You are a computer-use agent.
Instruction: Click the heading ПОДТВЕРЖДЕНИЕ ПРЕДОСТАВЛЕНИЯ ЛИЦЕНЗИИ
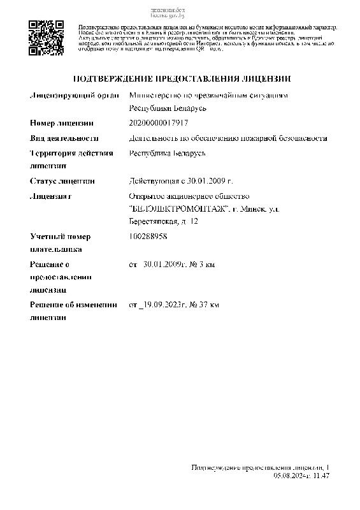click(x=182, y=79)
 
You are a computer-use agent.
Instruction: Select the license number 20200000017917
click(x=159, y=122)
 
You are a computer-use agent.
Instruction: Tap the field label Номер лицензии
click(x=62, y=122)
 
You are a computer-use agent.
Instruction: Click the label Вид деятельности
click(x=64, y=138)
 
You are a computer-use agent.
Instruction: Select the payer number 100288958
click(x=148, y=237)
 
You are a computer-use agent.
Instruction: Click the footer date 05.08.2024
click(x=291, y=476)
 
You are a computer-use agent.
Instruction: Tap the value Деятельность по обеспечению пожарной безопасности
click(x=227, y=138)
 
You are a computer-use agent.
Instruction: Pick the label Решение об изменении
click(x=75, y=305)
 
